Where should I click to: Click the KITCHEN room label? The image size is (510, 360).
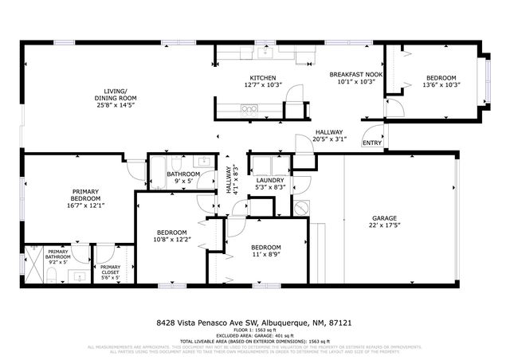[x=263, y=78]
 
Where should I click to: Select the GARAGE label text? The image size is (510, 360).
[x=384, y=217]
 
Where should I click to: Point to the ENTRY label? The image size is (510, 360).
[x=371, y=143]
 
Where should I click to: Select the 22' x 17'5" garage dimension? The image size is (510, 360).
[x=384, y=225]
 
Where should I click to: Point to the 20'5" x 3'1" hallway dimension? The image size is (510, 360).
[x=328, y=139]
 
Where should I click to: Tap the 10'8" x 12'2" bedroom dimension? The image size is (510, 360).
[x=171, y=239]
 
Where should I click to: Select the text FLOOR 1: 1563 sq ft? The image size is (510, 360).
[x=255, y=331]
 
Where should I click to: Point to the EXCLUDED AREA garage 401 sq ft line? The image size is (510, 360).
[x=255, y=335]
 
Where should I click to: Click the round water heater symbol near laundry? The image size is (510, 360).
[x=300, y=207]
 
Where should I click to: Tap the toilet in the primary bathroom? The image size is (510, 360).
[x=51, y=276]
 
